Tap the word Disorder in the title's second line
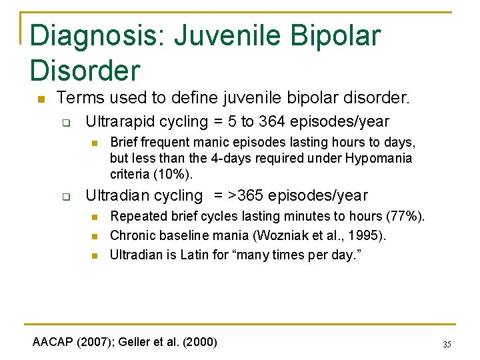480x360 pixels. click(85, 70)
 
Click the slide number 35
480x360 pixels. click(447, 345)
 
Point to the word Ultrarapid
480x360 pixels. click(119, 122)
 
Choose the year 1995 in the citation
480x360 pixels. click(369, 235)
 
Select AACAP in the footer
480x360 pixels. click(53, 342)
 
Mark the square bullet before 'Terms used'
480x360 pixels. click(40, 99)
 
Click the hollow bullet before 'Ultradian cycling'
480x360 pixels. click(67, 197)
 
